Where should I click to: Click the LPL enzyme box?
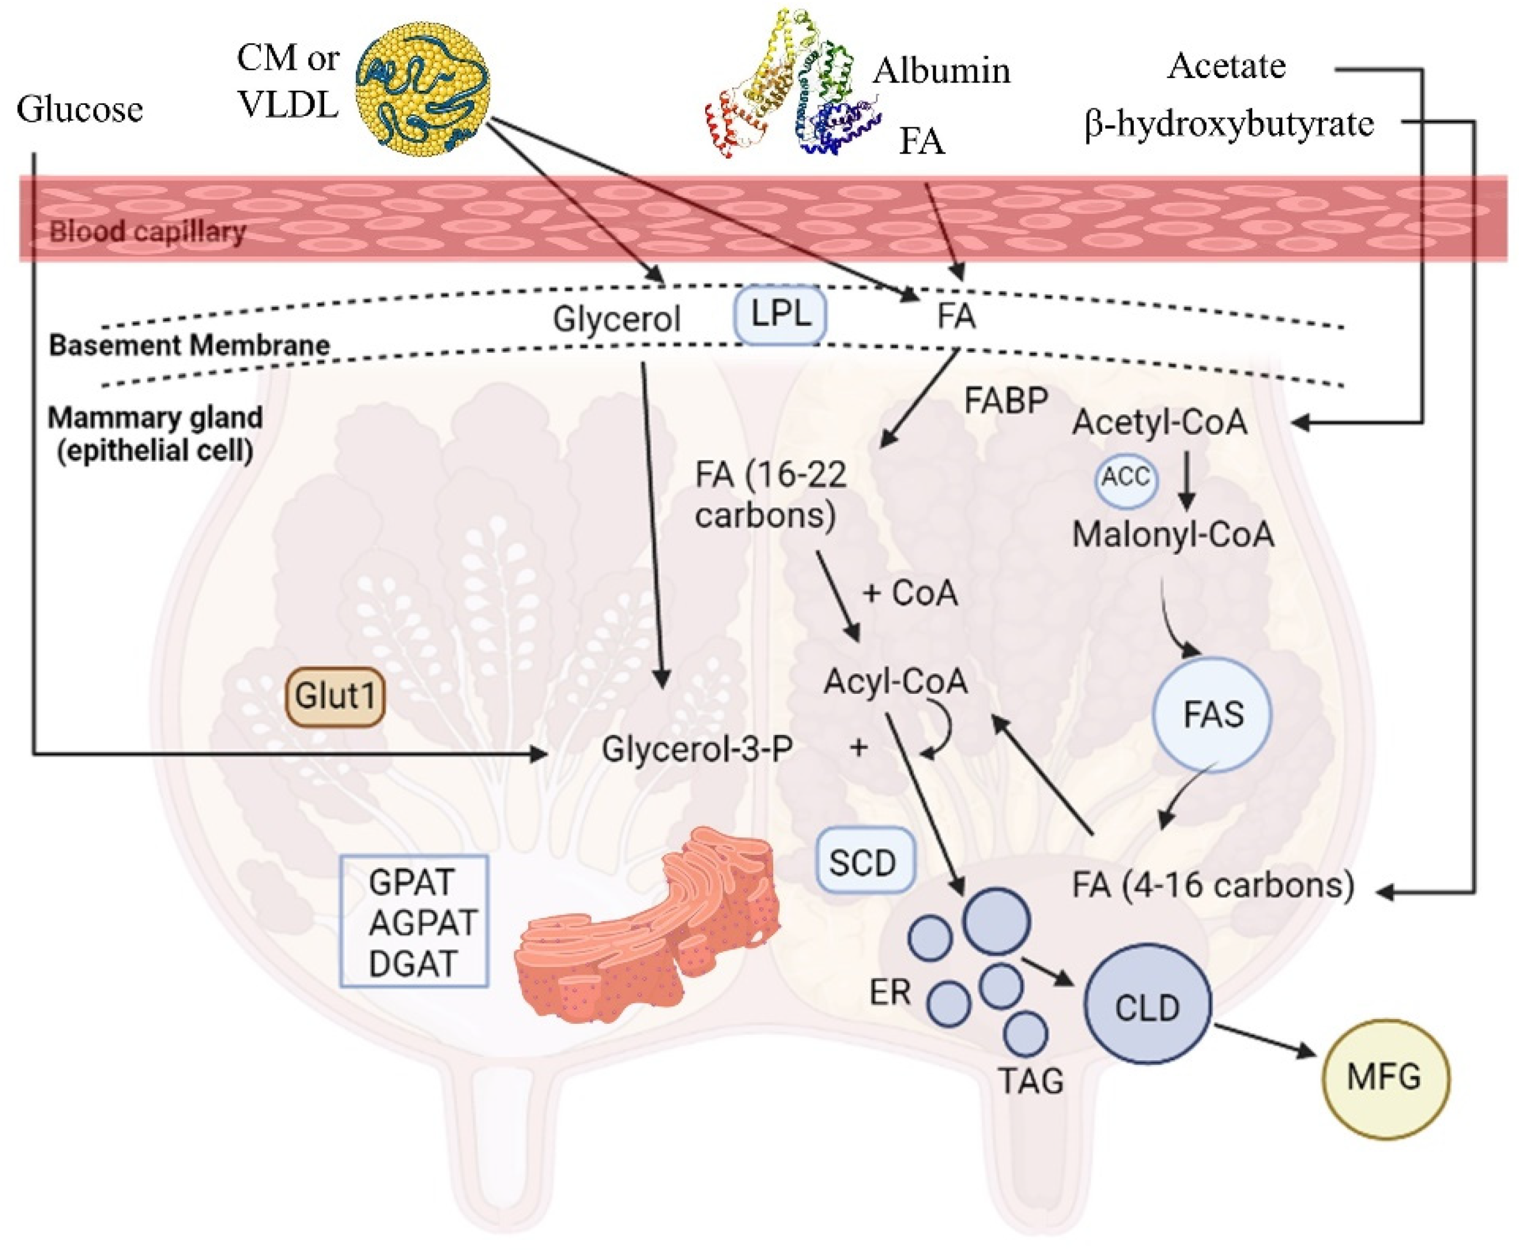(x=780, y=315)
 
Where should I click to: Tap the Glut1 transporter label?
(x=335, y=696)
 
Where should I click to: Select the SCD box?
(x=865, y=861)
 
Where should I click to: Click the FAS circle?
(x=1212, y=714)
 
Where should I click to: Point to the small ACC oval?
(x=1126, y=478)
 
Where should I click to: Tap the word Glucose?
(x=80, y=110)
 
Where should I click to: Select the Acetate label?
(x=1226, y=66)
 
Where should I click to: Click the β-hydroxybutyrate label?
(x=1229, y=124)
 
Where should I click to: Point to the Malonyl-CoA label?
(x=1173, y=534)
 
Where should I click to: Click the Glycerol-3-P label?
(x=697, y=749)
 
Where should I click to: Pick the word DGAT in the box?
(x=413, y=963)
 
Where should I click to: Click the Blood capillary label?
(x=148, y=231)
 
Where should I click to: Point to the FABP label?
(x=1005, y=400)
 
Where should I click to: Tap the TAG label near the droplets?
(x=1031, y=1080)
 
